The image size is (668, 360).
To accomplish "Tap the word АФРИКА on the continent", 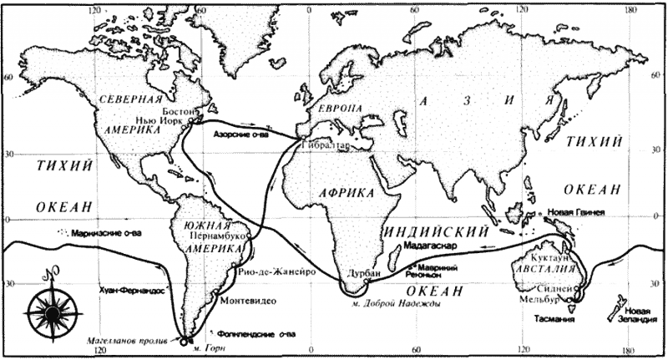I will tap(347, 192).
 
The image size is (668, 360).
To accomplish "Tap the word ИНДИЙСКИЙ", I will tap(435, 230).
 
